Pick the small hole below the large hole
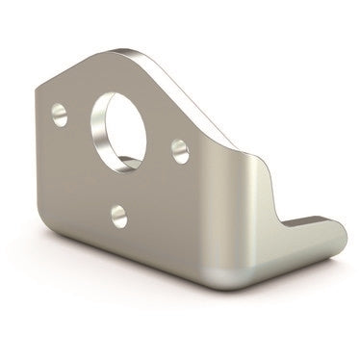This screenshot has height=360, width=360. click(x=119, y=215)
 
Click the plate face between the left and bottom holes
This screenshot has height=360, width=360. click(x=87, y=173)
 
